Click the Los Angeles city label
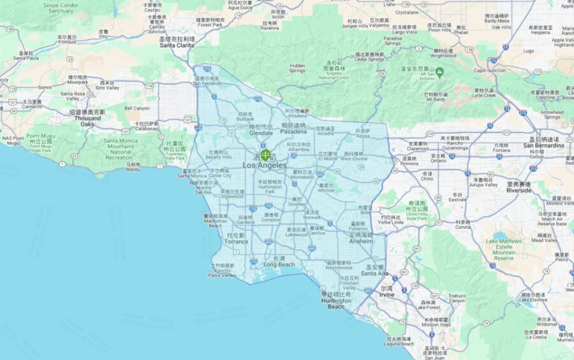(265, 166)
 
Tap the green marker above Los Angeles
(265, 155)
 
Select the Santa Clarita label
(177, 45)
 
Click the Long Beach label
(279, 264)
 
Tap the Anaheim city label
(361, 241)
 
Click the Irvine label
(386, 295)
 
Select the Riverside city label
(519, 190)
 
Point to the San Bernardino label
(543, 145)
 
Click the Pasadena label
(293, 132)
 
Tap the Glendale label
(261, 133)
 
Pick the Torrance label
(237, 241)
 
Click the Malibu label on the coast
(133, 169)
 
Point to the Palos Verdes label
(222, 275)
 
